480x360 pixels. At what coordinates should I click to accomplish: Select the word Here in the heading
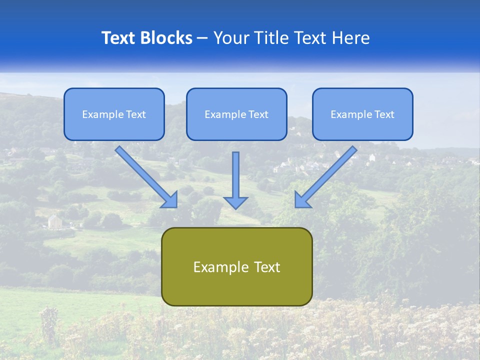pos(351,38)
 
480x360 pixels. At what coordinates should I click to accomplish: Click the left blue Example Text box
pos(114,114)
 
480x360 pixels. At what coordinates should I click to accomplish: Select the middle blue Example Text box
pos(236,114)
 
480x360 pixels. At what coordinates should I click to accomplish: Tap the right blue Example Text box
pos(362,114)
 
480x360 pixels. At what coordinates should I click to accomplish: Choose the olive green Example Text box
pos(236,266)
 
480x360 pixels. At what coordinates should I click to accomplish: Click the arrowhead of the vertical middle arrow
pos(235,202)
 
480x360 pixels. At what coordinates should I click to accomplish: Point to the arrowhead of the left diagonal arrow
pos(170,200)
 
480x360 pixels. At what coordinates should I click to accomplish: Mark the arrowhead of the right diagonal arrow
pos(302,200)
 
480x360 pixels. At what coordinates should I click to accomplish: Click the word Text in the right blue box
pos(384,114)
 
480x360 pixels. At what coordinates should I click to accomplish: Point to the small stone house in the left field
pos(55,221)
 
